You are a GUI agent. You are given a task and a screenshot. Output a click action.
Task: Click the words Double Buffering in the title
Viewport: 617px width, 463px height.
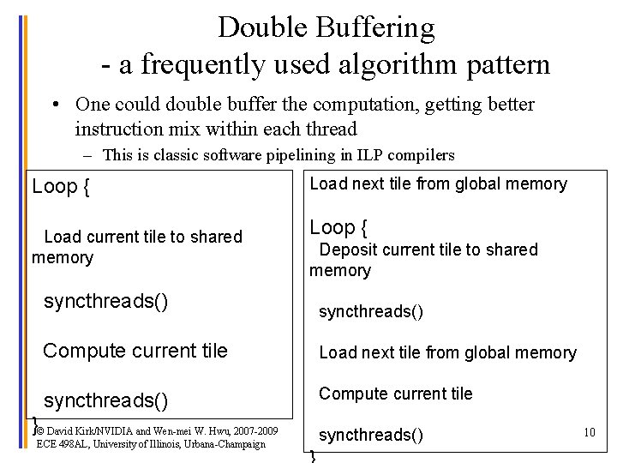coord(326,27)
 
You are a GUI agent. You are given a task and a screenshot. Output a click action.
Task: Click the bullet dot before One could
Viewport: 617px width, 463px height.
coord(54,105)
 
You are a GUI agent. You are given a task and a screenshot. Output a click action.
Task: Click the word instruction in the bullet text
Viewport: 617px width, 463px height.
coord(118,129)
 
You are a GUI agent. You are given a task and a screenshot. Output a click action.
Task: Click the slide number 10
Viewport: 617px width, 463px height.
coord(589,432)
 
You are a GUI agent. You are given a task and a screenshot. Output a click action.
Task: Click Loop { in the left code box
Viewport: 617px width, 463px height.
coord(60,187)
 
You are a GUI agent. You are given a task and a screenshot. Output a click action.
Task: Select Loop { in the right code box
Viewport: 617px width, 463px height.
coord(338,227)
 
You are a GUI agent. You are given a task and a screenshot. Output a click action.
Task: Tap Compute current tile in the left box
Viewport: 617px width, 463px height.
coord(135,351)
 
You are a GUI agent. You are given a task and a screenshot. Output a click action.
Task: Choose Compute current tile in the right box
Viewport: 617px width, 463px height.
coord(395,394)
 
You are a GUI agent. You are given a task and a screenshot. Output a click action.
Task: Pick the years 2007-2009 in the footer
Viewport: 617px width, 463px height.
coord(255,430)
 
